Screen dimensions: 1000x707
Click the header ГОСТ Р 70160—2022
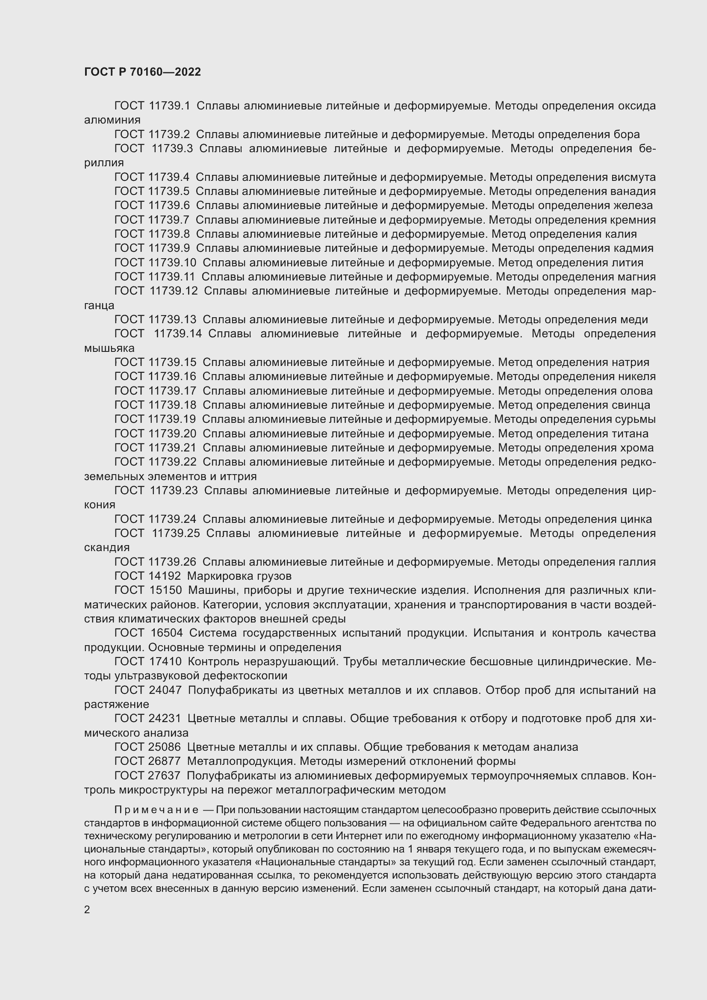pyautogui.click(x=142, y=72)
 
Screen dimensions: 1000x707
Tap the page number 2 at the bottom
pyautogui.click(x=87, y=909)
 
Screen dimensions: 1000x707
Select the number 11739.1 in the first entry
pyautogui.click(x=169, y=106)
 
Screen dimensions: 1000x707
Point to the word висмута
pyautogui.click(x=633, y=177)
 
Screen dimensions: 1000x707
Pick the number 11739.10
pyautogui.click(x=172, y=263)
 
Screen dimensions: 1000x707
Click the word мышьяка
pyautogui.click(x=109, y=348)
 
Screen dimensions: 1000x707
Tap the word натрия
pyautogui.click(x=630, y=363)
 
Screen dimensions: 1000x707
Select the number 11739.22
pyautogui.click(x=172, y=462)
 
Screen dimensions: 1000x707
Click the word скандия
pyautogui.click(x=107, y=548)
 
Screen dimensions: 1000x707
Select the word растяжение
pyautogui.click(x=116, y=704)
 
